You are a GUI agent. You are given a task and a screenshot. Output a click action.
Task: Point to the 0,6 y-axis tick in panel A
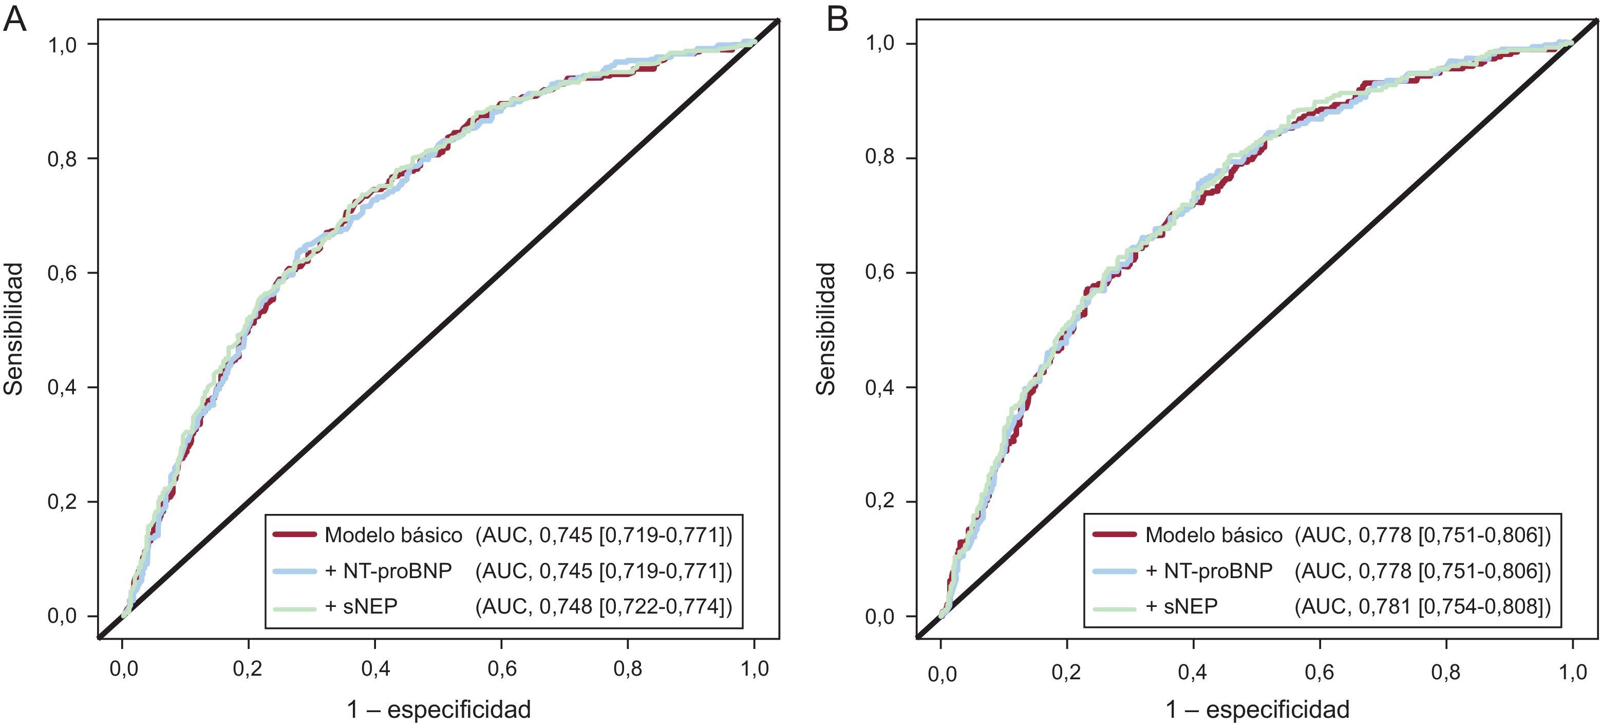click(62, 273)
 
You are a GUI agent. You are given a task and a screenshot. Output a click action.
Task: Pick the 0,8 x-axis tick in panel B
click(1446, 672)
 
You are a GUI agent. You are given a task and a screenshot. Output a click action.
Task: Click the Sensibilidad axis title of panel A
click(14, 329)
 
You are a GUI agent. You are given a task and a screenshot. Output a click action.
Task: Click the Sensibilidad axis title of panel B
click(826, 329)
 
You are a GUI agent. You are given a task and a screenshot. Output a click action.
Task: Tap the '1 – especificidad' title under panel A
click(439, 709)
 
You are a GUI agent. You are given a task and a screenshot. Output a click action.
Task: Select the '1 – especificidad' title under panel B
click(1257, 709)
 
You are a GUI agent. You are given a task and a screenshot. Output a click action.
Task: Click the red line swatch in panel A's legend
click(294, 534)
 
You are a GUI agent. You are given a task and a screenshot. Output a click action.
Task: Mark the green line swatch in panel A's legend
click(294, 607)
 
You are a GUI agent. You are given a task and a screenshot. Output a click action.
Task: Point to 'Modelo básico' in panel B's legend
click(1214, 534)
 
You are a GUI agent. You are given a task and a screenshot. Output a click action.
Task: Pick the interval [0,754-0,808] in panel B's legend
click(1481, 607)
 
